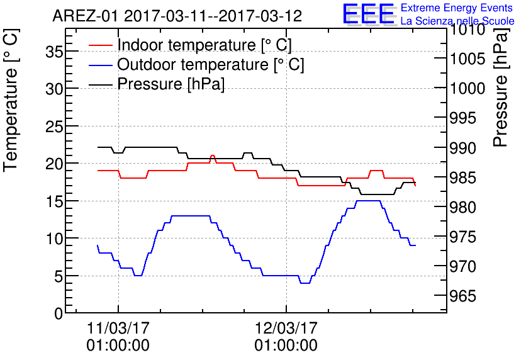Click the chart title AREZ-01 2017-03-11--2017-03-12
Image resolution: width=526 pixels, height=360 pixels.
pos(177,15)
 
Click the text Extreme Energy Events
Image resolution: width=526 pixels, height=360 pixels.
pos(456,8)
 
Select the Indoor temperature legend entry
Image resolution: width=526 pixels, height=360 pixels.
pos(204,45)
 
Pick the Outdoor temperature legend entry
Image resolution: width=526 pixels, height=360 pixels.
pos(210,65)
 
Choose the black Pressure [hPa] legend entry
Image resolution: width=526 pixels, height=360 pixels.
pos(171,84)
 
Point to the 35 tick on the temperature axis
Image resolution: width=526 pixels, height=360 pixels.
pos(55,52)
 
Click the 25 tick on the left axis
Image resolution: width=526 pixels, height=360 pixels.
pos(55,127)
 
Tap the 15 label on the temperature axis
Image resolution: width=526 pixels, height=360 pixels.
pos(55,201)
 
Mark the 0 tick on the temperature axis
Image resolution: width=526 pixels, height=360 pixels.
pos(59,313)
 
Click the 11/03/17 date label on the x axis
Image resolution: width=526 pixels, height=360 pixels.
pos(118,329)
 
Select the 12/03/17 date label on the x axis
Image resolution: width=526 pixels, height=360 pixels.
pos(286,329)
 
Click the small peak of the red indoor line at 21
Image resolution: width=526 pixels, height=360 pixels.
pos(213,155)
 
